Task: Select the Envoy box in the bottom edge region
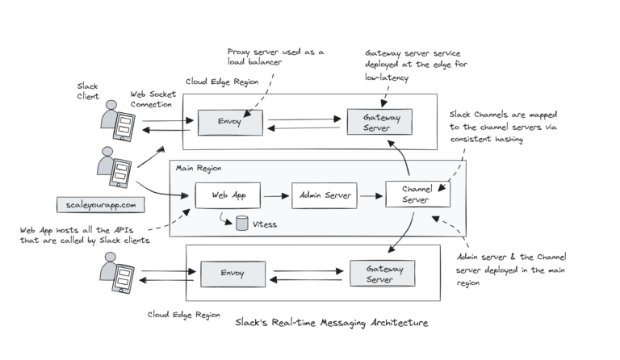click(232, 274)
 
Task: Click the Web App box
click(228, 195)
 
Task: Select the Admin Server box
click(324, 195)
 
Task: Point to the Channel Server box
click(417, 195)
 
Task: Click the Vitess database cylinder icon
click(241, 224)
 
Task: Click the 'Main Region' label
click(199, 168)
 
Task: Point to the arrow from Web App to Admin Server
click(276, 195)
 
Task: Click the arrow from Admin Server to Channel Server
click(371, 195)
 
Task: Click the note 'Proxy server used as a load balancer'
click(275, 57)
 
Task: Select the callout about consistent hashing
click(501, 128)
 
